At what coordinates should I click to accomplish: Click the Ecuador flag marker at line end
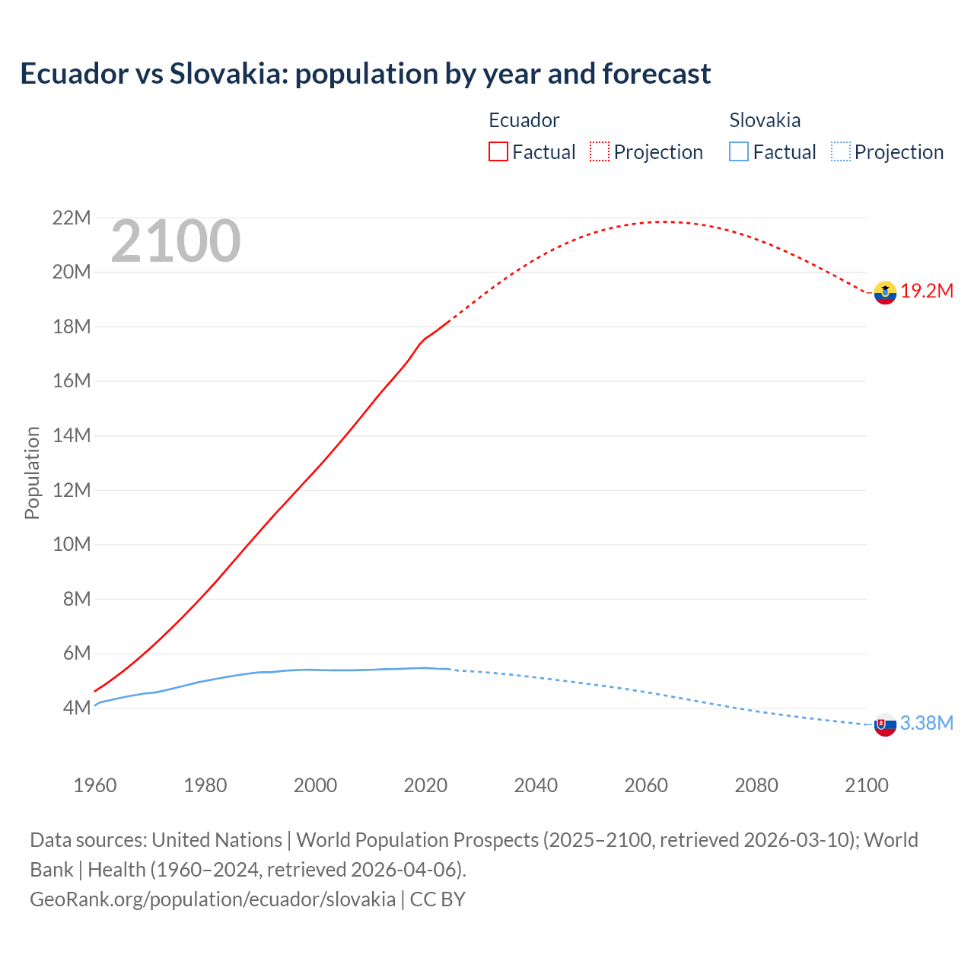(885, 292)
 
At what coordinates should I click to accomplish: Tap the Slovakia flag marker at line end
(885, 725)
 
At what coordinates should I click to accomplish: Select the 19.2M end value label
(927, 291)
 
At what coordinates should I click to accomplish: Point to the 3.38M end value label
(926, 724)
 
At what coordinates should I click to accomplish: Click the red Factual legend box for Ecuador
(498, 152)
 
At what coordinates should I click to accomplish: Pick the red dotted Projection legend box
(600, 152)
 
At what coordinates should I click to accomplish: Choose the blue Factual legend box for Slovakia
(739, 152)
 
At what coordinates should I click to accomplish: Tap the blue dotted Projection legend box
(841, 152)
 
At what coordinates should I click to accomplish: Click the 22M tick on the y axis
(72, 218)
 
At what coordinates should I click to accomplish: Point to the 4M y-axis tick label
(77, 708)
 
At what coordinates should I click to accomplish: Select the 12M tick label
(72, 490)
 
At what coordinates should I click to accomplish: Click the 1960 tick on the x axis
(95, 785)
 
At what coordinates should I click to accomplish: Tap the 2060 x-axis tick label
(646, 785)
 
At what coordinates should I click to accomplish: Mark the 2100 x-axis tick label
(866, 785)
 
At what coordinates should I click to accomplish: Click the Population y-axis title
(32, 473)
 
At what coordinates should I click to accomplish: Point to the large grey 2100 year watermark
(176, 242)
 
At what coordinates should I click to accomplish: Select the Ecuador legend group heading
(524, 120)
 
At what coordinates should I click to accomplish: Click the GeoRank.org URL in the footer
(212, 899)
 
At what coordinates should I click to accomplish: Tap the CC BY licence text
(438, 899)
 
